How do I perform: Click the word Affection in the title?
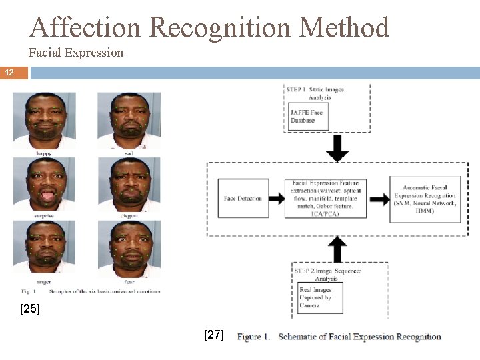pyautogui.click(x=86, y=27)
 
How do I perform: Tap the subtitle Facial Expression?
pyautogui.click(x=76, y=52)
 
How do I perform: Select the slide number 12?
pyautogui.click(x=9, y=72)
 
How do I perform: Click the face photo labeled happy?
pyautogui.click(x=44, y=121)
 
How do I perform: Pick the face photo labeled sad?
pyautogui.click(x=129, y=121)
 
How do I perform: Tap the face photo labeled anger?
pyautogui.click(x=44, y=247)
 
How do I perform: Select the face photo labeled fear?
pyautogui.click(x=129, y=247)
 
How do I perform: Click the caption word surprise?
pyautogui.click(x=44, y=217)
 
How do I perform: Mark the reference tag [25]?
pyautogui.click(x=29, y=309)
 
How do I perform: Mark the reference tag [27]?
pyautogui.click(x=214, y=335)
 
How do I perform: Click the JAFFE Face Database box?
pyautogui.click(x=307, y=116)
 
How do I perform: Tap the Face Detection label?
pyautogui.click(x=243, y=199)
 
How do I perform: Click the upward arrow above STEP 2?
pyautogui.click(x=338, y=249)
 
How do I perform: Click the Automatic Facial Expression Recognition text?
pyautogui.click(x=425, y=199)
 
